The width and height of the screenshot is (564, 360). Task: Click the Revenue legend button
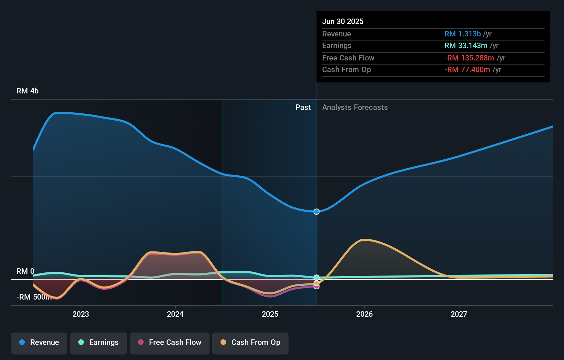(x=39, y=342)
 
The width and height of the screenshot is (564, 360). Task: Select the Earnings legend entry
(x=99, y=342)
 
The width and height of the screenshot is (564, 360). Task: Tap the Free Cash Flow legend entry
(x=170, y=342)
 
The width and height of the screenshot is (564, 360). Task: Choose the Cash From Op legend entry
(x=250, y=342)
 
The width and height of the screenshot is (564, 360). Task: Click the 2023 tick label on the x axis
(x=81, y=314)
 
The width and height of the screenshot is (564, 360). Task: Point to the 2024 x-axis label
(x=175, y=314)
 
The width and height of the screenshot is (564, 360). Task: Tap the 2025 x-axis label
(x=270, y=314)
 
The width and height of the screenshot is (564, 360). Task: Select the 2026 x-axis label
(x=364, y=314)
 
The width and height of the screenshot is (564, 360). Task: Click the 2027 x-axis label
(x=459, y=314)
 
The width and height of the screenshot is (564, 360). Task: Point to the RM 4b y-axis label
(x=27, y=91)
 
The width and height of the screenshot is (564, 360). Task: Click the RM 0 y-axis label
(x=25, y=271)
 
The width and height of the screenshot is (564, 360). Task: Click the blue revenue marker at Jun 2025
(x=317, y=212)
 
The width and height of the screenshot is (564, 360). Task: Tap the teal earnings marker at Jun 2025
(x=317, y=277)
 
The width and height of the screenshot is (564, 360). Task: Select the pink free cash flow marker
(x=317, y=286)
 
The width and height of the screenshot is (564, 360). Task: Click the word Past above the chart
(x=303, y=108)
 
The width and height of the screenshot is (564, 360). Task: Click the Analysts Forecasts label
(x=355, y=108)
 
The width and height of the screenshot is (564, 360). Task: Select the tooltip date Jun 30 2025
(x=343, y=22)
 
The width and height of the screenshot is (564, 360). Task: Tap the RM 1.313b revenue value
(x=462, y=34)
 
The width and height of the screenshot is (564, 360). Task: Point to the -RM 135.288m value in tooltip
(x=469, y=58)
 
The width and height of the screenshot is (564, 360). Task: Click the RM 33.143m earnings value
(x=466, y=46)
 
